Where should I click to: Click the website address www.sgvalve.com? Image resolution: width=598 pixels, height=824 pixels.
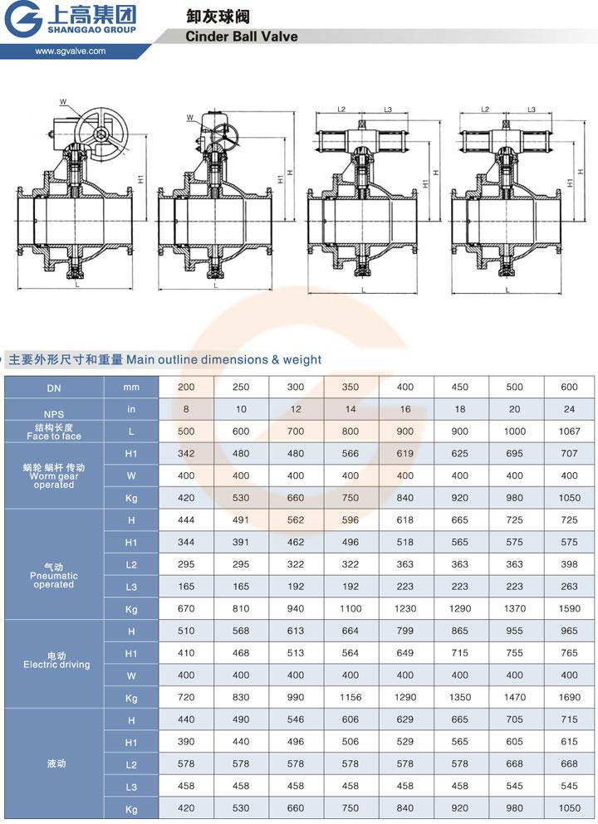pyautogui.click(x=71, y=51)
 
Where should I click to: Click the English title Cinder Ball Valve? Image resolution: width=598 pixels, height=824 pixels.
pyautogui.click(x=241, y=37)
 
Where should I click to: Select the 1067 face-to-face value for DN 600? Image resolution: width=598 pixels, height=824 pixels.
pyautogui.click(x=569, y=431)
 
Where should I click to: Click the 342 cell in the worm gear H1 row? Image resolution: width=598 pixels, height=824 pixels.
pyautogui.click(x=186, y=453)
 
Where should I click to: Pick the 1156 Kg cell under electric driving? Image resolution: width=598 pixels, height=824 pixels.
pyautogui.click(x=350, y=697)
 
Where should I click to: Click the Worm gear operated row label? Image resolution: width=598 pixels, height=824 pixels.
pyautogui.click(x=54, y=476)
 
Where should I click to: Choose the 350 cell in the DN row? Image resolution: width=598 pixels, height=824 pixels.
pyautogui.click(x=350, y=387)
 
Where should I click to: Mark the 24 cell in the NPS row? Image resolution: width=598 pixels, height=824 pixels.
pyautogui.click(x=569, y=409)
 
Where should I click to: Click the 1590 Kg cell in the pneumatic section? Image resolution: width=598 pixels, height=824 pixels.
pyautogui.click(x=569, y=608)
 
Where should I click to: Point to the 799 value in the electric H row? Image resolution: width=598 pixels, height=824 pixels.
pyautogui.click(x=405, y=631)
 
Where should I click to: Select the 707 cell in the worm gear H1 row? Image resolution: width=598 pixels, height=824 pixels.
pyautogui.click(x=569, y=453)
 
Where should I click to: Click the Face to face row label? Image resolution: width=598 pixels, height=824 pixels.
pyautogui.click(x=54, y=432)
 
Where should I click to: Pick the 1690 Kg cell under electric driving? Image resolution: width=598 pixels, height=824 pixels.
pyautogui.click(x=569, y=697)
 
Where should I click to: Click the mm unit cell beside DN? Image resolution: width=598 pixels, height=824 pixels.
pyautogui.click(x=130, y=387)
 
